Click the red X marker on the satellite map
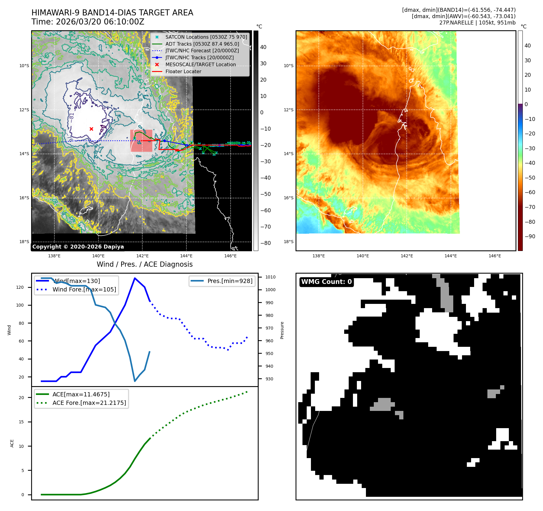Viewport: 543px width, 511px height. (x=91, y=129)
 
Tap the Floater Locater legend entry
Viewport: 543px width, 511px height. (x=183, y=71)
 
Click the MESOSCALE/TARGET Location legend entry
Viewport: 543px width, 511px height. (x=200, y=64)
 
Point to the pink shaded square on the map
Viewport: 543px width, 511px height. (x=141, y=141)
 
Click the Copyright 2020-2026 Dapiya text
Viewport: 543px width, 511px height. (x=78, y=247)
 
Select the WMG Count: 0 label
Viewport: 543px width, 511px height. (x=326, y=282)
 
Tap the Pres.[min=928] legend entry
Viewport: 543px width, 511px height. (x=230, y=281)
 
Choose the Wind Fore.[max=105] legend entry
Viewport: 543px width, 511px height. (x=84, y=289)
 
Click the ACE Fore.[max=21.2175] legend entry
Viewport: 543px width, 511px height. (x=89, y=403)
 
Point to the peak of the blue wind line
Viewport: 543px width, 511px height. (x=134, y=278)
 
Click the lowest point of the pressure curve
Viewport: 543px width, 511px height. (x=135, y=381)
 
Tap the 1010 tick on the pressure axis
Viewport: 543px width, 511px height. (x=270, y=277)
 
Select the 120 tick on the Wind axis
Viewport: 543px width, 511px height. (x=20, y=287)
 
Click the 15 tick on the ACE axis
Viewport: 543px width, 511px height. (x=21, y=422)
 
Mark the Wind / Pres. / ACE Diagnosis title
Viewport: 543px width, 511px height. (x=144, y=264)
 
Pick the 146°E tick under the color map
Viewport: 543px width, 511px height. (x=495, y=256)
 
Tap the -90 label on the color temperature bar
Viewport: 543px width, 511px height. (x=530, y=236)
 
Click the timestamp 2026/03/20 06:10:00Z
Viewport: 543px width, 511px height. (x=100, y=22)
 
